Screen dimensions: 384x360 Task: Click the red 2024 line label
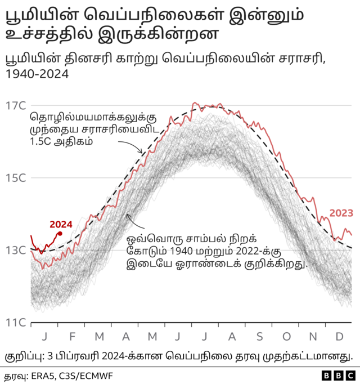coord(61,223)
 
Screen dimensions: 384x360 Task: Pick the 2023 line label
coord(341,213)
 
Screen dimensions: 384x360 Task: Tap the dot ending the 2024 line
coord(60,233)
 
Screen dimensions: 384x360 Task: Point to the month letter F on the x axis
coord(72,336)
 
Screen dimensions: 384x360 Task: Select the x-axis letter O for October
coord(286,336)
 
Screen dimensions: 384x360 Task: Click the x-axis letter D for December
coord(339,336)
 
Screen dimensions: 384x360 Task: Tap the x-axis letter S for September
coord(259,336)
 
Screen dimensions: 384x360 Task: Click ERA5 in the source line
coord(43,374)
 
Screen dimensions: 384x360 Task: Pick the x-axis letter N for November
coord(313,336)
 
